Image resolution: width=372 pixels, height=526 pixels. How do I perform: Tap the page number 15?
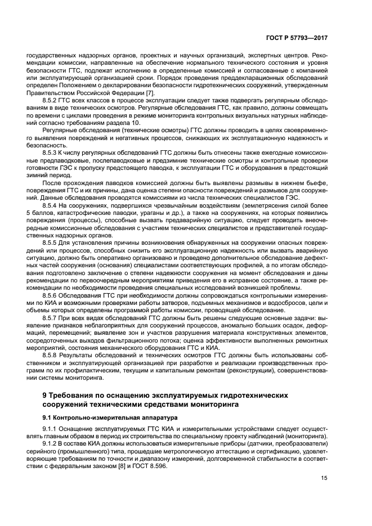(324, 479)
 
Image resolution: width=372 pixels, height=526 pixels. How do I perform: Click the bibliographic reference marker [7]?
(150, 92)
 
